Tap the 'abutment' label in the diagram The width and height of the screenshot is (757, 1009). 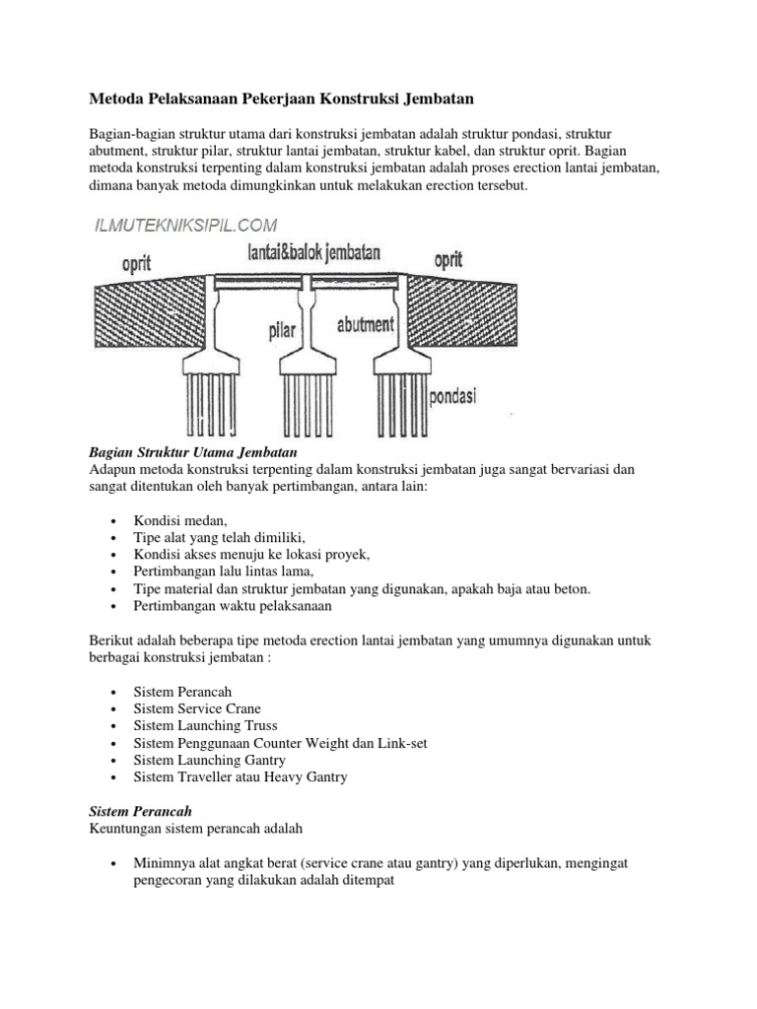pyautogui.click(x=367, y=324)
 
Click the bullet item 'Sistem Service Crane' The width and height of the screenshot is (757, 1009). pyautogui.click(x=197, y=708)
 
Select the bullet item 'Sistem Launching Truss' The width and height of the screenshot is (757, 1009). pyautogui.click(x=205, y=726)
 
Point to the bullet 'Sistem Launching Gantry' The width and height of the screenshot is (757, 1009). pyautogui.click(x=209, y=760)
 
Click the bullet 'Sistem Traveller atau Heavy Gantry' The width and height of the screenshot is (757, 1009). pyautogui.click(x=241, y=777)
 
